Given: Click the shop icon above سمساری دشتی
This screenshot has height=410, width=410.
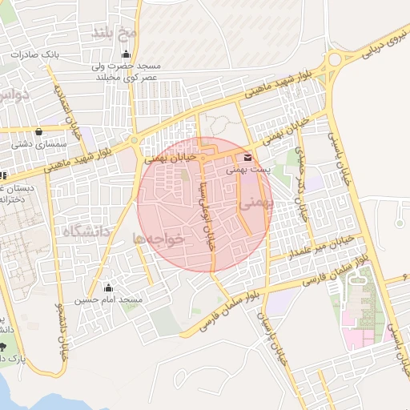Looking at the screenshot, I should tap(38, 132).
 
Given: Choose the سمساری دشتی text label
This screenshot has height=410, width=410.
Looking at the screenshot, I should tap(39, 145).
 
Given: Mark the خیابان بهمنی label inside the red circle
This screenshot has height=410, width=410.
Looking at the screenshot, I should tap(171, 160).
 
